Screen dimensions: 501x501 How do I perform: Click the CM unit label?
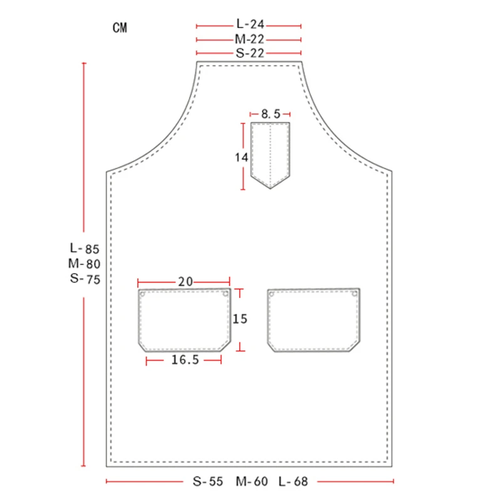click(x=120, y=28)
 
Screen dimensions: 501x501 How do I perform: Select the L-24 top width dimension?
click(x=250, y=24)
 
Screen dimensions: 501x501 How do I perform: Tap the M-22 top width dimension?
click(x=249, y=39)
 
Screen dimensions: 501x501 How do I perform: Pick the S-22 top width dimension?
click(x=250, y=53)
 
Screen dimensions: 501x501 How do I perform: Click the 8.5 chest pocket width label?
click(x=271, y=114)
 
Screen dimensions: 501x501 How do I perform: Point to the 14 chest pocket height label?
click(x=241, y=157)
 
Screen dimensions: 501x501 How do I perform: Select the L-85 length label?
click(x=85, y=248)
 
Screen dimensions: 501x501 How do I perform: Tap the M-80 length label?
click(x=85, y=264)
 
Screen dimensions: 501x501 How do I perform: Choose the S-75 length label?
click(x=85, y=279)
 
